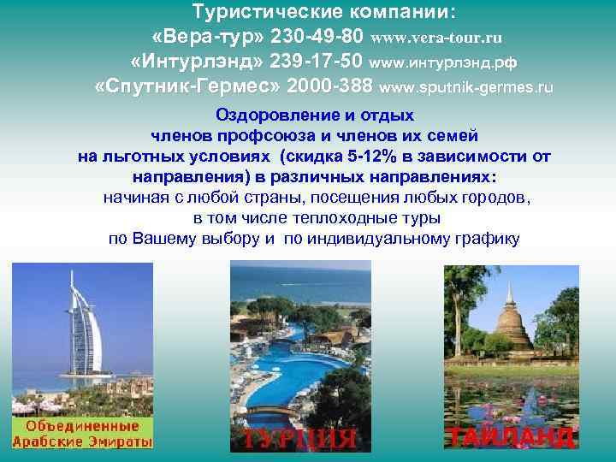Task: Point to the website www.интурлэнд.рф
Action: pyautogui.click(x=443, y=63)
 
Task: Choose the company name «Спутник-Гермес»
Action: pyautogui.click(x=187, y=87)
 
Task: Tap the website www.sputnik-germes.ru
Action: pyautogui.click(x=465, y=88)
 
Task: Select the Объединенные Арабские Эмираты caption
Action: pyautogui.click(x=81, y=434)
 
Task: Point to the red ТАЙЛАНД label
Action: pyautogui.click(x=510, y=435)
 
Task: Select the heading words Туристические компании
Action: pyautogui.click(x=324, y=15)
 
